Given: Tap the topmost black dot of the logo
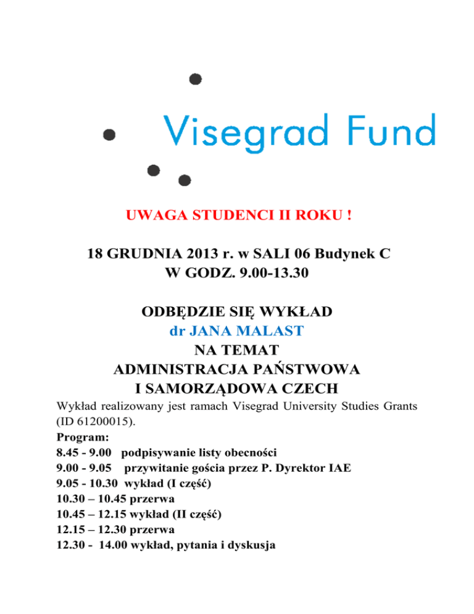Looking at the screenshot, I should click(x=196, y=79).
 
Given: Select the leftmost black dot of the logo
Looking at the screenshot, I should click(x=110, y=134).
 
